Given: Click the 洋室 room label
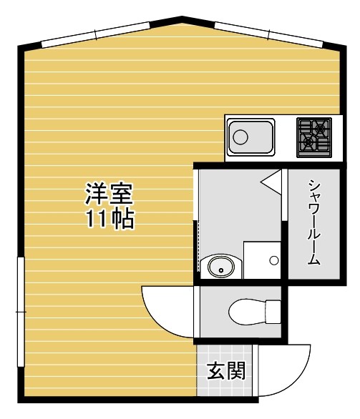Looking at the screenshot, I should pos(109,192).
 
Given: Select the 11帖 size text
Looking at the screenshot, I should pos(109,219).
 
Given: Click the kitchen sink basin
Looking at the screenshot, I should pos(250,137).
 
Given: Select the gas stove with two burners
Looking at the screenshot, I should pos(314,136).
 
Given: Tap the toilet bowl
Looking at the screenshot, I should pos(246,312).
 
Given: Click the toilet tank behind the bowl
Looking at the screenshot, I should pos(273,312).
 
